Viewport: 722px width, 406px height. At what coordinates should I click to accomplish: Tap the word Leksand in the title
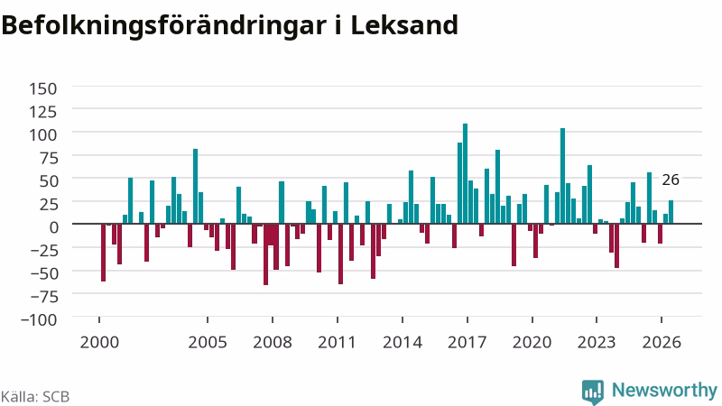pyautogui.click(x=404, y=25)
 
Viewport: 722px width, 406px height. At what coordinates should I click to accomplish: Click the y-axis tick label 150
pyautogui.click(x=42, y=88)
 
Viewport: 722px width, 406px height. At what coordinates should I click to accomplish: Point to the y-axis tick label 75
pyautogui.click(x=50, y=158)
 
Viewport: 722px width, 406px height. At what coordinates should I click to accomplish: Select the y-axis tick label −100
pyautogui.click(x=39, y=319)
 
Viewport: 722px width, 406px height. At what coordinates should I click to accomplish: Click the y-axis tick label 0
pyautogui.click(x=54, y=227)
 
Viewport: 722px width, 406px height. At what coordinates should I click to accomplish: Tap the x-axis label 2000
pyautogui.click(x=99, y=343)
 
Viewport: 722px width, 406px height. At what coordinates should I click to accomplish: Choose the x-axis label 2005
pyautogui.click(x=208, y=343)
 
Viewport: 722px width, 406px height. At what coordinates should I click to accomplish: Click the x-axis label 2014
pyautogui.click(x=403, y=343)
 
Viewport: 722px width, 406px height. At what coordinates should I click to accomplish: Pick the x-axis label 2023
pyautogui.click(x=597, y=343)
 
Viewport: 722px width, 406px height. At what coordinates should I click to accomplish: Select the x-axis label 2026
pyautogui.click(x=662, y=343)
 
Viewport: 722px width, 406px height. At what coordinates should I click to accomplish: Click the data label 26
pyautogui.click(x=671, y=180)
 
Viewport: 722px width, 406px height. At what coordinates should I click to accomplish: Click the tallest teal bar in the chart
pyautogui.click(x=465, y=173)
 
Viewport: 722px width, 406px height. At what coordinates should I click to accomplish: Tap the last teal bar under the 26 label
pyautogui.click(x=671, y=212)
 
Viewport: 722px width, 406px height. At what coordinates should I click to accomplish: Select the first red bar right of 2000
pyautogui.click(x=103, y=253)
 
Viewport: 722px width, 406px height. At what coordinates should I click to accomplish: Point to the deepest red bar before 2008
pyautogui.click(x=265, y=254)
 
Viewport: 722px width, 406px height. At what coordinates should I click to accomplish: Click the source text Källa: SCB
pyautogui.click(x=35, y=397)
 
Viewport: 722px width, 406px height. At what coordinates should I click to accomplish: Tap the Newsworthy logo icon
pyautogui.click(x=593, y=392)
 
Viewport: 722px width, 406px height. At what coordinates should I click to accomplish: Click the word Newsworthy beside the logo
pyautogui.click(x=664, y=391)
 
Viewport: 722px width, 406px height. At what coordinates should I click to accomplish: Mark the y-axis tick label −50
pyautogui.click(x=43, y=273)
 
